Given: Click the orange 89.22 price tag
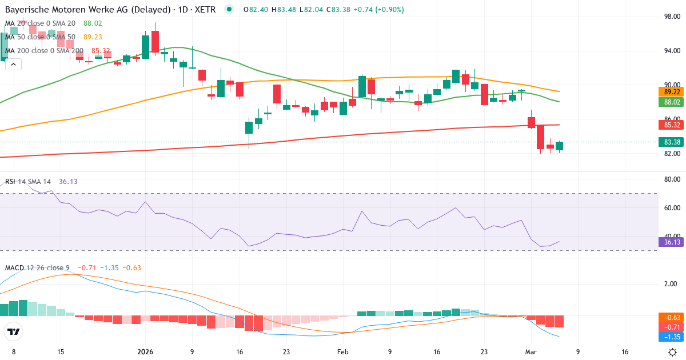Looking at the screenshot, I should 672,92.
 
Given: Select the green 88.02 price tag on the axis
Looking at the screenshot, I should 672,102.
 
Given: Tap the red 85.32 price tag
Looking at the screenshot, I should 672,125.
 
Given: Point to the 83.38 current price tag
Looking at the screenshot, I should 672,142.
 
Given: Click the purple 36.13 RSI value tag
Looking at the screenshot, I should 672,242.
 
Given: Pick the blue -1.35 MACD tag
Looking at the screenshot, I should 672,337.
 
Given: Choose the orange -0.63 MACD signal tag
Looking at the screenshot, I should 672,317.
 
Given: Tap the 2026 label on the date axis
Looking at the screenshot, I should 144,352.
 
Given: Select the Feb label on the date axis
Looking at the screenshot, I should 342,352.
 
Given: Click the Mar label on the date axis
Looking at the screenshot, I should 531,352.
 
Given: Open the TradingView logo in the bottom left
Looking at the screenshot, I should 14,331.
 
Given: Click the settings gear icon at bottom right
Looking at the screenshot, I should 673,352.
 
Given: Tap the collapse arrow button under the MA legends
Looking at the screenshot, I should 13,65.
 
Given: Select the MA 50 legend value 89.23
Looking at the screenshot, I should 93,37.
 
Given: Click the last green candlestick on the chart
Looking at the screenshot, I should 559,146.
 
